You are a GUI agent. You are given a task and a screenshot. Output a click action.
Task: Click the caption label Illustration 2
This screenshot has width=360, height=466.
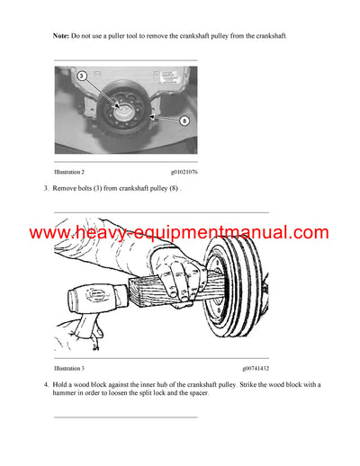click(x=69, y=170)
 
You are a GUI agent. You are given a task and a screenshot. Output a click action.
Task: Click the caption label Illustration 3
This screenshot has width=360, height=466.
click(x=69, y=368)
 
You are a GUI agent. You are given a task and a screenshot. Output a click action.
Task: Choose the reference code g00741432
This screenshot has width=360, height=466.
click(x=255, y=368)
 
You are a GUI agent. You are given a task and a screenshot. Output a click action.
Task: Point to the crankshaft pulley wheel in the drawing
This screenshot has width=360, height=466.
click(x=236, y=283)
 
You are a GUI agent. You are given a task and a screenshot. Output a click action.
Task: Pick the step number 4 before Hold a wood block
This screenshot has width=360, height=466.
click(x=46, y=385)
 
